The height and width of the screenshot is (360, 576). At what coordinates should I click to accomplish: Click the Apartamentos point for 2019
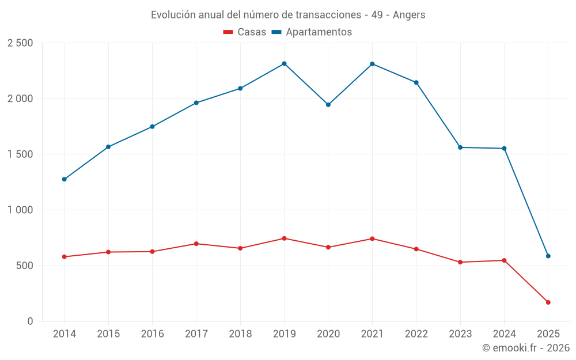coord(284,63)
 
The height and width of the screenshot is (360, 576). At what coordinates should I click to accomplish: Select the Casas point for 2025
coord(548,302)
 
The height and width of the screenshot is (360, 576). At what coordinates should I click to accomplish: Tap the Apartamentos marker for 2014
coord(64,179)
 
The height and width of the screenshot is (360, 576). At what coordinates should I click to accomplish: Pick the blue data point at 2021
coord(372,64)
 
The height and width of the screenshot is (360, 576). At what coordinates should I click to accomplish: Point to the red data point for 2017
coord(196,244)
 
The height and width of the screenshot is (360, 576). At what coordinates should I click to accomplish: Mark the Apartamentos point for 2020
coord(328,105)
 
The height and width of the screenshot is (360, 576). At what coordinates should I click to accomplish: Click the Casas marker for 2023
coord(460,262)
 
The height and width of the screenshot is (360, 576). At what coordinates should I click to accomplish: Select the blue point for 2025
coord(548,256)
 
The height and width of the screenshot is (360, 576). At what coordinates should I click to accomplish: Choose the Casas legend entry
coord(245,32)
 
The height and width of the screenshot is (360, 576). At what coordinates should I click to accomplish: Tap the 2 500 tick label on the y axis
coord(20,43)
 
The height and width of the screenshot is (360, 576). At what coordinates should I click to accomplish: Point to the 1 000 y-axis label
coord(20,210)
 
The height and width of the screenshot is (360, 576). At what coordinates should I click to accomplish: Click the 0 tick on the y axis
coord(30,321)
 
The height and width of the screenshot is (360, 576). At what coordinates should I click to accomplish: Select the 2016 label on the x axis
coord(152,334)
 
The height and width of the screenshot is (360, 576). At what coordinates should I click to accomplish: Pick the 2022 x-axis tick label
coord(416,334)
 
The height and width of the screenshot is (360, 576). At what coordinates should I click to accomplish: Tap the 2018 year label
coord(240,334)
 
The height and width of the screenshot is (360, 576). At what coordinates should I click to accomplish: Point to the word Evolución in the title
coord(171,15)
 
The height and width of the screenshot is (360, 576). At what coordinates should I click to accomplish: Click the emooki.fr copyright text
coord(525,348)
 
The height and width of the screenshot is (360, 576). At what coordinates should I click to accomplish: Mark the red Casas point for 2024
coord(504,260)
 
